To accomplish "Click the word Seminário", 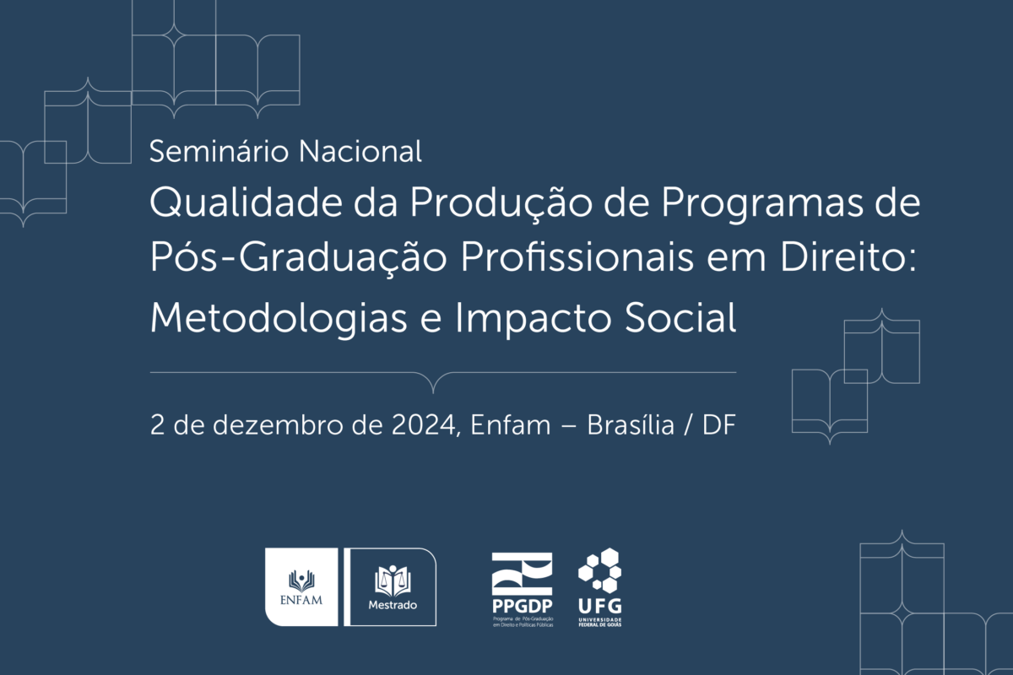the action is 219,151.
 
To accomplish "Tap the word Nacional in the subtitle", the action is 360,151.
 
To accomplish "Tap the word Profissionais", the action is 577,256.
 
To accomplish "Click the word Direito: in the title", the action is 848,256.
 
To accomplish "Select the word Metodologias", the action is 279,319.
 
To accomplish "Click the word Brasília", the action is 631,425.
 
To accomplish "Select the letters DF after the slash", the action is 719,425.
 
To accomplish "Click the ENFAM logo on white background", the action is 301,587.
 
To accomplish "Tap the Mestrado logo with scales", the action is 390,587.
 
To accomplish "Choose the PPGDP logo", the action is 523,590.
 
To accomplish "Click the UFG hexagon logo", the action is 599,587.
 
